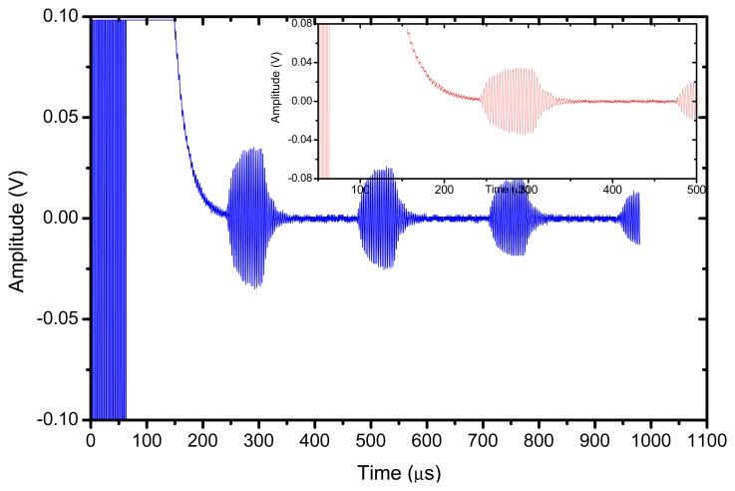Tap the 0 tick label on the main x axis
91,438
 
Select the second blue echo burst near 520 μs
379,218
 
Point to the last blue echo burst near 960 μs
631,218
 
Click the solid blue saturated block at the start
109,218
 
